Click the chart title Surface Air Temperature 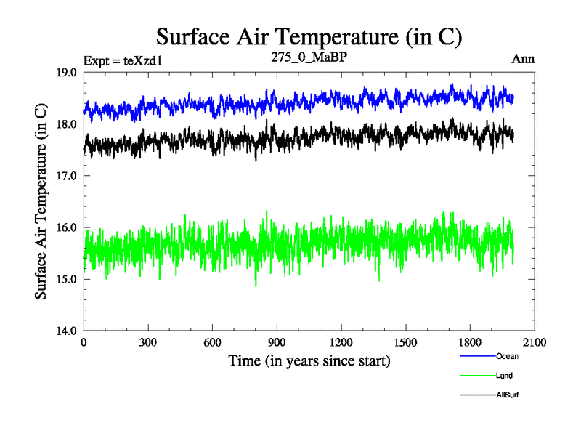(309, 37)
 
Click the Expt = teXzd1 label (122, 60)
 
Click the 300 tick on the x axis (148, 343)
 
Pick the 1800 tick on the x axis (470, 343)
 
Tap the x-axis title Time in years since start (309, 360)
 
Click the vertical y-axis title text (42, 202)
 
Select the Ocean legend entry (507, 356)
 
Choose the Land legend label (505, 375)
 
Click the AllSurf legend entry (508, 395)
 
